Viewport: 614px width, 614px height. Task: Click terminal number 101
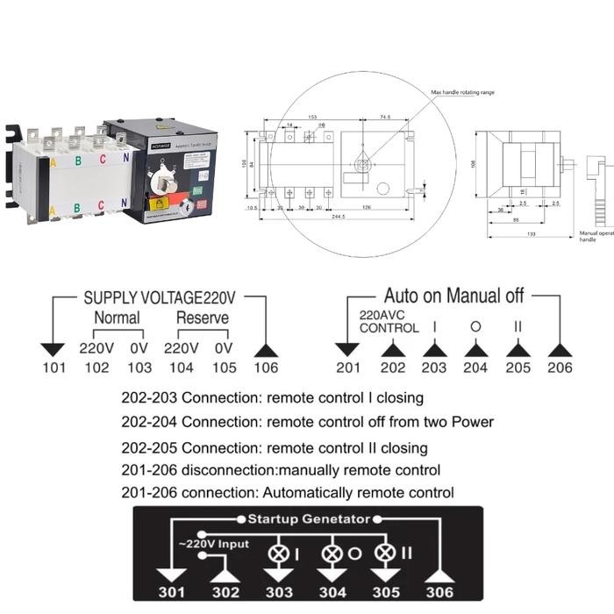tap(54, 368)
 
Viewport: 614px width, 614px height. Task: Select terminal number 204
tap(475, 368)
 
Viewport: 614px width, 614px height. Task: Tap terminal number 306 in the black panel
tap(439, 592)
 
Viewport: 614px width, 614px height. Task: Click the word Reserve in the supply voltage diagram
tap(202, 318)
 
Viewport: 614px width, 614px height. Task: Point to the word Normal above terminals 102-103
tap(117, 318)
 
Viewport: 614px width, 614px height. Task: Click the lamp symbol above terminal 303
tap(281, 553)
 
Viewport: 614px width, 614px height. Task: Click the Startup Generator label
tap(308, 518)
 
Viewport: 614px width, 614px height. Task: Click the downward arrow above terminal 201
tap(348, 348)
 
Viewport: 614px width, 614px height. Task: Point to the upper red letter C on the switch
tap(103, 160)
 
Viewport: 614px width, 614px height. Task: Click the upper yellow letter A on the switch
tap(54, 162)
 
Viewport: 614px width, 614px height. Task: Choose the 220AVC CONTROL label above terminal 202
tap(389, 321)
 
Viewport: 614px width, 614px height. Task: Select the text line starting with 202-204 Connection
tap(307, 422)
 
